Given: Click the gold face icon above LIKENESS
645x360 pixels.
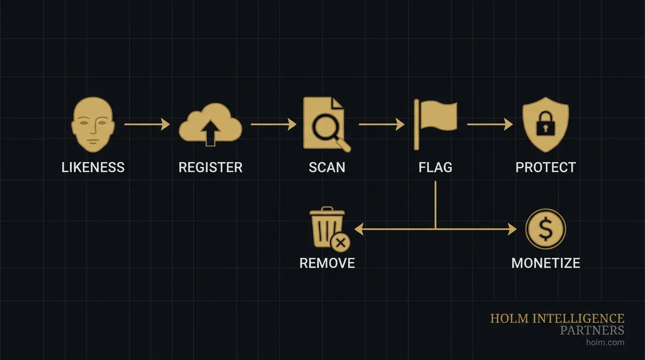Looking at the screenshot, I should click(93, 125).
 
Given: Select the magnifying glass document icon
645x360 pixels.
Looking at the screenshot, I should click(326, 124).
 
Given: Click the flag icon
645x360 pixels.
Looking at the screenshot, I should click(435, 122).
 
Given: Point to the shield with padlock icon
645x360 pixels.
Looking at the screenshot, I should click(546, 124).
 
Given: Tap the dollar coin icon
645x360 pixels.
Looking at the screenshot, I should click(546, 229).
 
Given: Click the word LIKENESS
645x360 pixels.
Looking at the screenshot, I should click(93, 167).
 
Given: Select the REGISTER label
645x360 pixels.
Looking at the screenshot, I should click(210, 167).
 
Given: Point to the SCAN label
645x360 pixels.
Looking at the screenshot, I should click(327, 167).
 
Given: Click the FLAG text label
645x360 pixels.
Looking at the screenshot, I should click(435, 167).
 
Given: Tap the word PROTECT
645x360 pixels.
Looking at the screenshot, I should click(546, 167).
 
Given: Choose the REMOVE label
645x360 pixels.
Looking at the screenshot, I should click(327, 262).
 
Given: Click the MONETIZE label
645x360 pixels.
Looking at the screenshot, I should click(546, 262).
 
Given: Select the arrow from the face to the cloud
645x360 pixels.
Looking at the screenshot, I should click(147, 124).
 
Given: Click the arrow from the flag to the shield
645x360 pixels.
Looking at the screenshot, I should click(490, 124).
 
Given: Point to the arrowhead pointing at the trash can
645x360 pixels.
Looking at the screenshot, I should click(359, 229).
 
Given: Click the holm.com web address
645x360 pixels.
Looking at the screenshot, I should click(605, 342).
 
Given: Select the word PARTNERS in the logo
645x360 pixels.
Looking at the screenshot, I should click(592, 330).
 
